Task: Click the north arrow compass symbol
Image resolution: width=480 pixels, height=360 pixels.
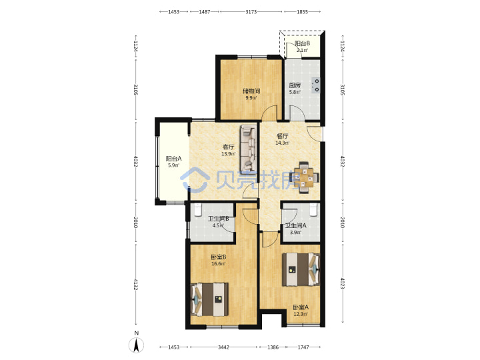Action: (x=137, y=345)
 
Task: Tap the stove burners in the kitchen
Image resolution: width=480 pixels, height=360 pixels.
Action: (x=315, y=85)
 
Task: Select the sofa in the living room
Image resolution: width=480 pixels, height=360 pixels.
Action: (x=248, y=149)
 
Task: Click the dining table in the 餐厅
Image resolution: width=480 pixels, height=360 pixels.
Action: (x=304, y=177)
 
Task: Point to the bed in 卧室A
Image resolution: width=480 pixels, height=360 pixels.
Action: (x=301, y=269)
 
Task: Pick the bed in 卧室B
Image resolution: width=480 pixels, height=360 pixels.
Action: (x=210, y=299)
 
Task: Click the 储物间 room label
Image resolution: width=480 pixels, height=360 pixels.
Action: (x=251, y=91)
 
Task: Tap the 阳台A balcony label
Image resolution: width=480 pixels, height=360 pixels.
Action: (x=173, y=159)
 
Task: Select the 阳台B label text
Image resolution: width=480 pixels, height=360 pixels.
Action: (x=302, y=43)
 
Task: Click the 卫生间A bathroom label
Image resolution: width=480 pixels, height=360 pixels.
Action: (x=296, y=225)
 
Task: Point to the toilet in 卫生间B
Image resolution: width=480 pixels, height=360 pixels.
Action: (x=198, y=209)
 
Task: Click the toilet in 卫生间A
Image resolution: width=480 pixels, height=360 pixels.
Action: (x=313, y=209)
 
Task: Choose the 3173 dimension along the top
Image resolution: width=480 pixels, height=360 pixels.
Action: (x=251, y=11)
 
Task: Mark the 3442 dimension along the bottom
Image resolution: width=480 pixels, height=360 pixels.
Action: (x=223, y=347)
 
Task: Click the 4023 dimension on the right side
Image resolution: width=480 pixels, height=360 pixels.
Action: (x=343, y=283)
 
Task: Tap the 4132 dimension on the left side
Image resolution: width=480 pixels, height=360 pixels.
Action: (x=135, y=284)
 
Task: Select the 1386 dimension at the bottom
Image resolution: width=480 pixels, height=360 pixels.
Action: (x=273, y=347)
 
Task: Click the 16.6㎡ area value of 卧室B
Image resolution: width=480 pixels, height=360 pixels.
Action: (x=218, y=263)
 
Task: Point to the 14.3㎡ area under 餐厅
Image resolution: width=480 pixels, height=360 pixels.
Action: (x=282, y=143)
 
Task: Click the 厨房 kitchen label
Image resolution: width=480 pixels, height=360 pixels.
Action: (x=295, y=85)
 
